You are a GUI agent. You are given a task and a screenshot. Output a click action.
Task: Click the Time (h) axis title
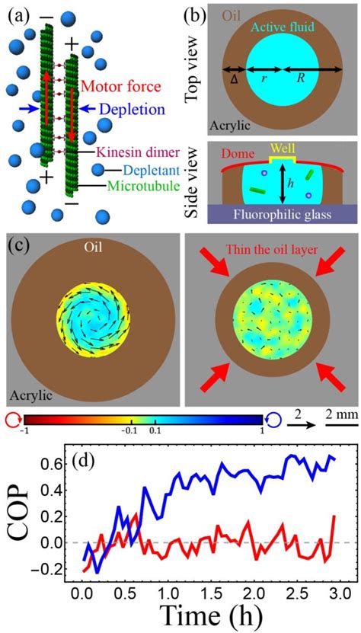click(x=209, y=615)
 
